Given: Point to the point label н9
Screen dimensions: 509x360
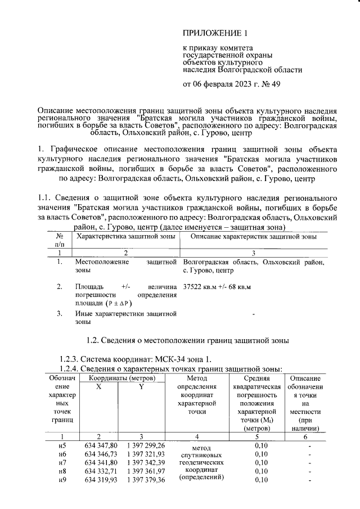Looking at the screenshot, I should pyautogui.click(x=62, y=480).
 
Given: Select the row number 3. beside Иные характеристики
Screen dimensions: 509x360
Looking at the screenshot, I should pyautogui.click(x=60, y=313).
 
